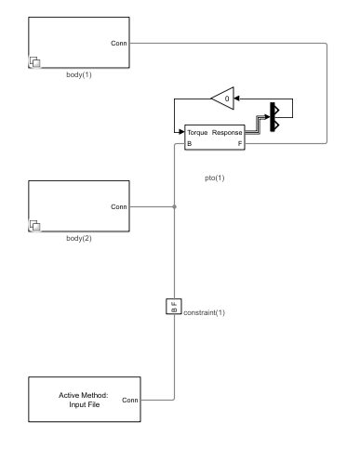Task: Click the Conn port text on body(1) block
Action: [x=119, y=43]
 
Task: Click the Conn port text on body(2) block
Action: [x=119, y=206]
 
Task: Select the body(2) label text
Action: [x=80, y=238]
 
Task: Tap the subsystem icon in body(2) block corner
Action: [x=35, y=226]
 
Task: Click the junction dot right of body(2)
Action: [x=174, y=206]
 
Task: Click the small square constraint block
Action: [x=173, y=307]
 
